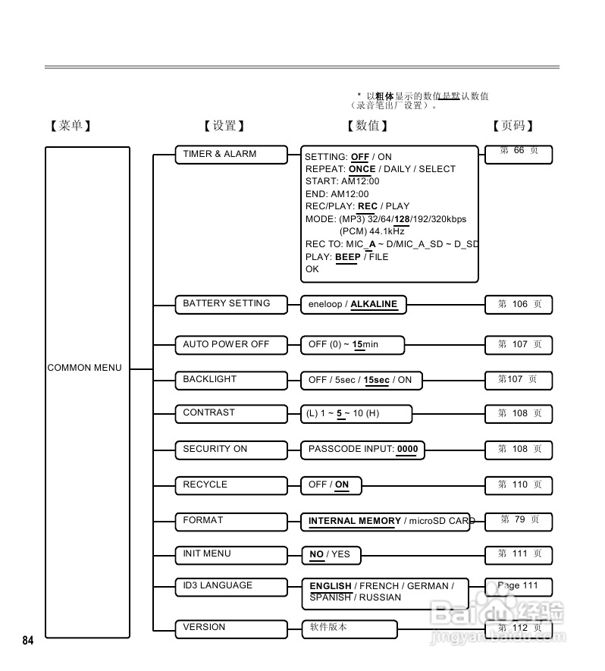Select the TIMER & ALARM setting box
pos(231,155)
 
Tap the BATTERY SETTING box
pos(231,304)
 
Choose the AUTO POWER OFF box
pos(231,345)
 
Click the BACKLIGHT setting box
pos(231,380)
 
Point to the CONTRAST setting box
pos(231,414)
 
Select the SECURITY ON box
pos(231,450)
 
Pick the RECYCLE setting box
pos(231,485)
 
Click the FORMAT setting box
pos(231,521)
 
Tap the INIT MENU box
pos(231,554)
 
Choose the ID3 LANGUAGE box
pos(231,586)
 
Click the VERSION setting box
pos(231,628)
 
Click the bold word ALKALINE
pos(374,304)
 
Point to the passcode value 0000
pos(407,449)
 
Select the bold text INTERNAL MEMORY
pos(355,521)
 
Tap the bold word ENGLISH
pos(331,586)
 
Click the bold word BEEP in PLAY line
pos(348,257)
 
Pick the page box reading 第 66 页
pos(519,153)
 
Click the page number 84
pos(28,641)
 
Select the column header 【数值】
pos(368,126)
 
